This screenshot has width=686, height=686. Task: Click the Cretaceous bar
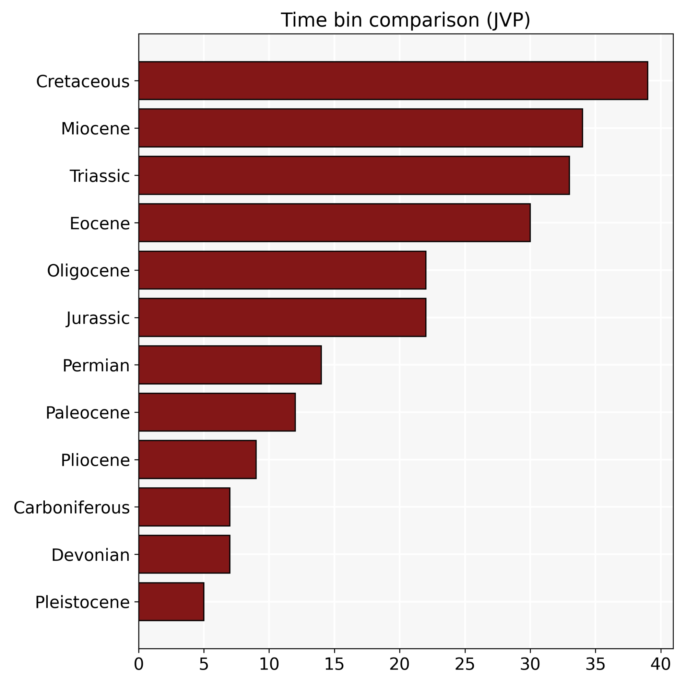393,81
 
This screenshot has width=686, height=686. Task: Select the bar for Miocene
360,128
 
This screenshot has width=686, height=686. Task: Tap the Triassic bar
354,175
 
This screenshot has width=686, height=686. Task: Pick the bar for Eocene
334,223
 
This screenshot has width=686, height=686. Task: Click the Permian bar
230,365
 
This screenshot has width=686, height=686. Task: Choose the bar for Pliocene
198,460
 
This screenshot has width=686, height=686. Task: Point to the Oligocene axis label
88,271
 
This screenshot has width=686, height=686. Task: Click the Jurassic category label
98,318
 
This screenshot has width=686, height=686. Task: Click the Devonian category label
91,555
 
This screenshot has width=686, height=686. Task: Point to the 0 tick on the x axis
139,664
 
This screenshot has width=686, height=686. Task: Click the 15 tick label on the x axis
334,664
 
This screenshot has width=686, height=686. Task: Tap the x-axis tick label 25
465,664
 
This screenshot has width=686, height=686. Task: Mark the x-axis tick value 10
269,664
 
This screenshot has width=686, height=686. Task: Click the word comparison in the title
424,20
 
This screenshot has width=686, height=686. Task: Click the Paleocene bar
217,412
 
